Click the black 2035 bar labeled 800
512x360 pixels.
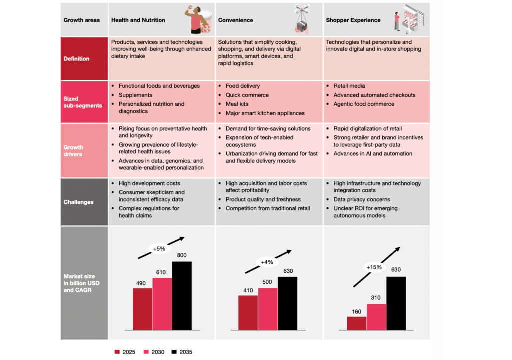pyautogui.click(x=181, y=295)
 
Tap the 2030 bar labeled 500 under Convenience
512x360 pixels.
pyautogui.click(x=268, y=309)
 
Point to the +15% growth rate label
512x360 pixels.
pyautogui.click(x=374, y=267)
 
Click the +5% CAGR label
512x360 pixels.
pyautogui.click(x=159, y=248)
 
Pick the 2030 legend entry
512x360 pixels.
pyautogui.click(x=153, y=352)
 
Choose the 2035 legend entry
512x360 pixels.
pyautogui.click(x=181, y=352)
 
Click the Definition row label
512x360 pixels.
pyautogui.click(x=76, y=59)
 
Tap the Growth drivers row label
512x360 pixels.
pyautogui.click(x=73, y=151)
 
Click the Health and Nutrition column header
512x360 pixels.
pyautogui.click(x=138, y=20)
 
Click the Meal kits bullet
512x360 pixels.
pyautogui.click(x=237, y=104)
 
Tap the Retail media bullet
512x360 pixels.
pyautogui.click(x=349, y=86)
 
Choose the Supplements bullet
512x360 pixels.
pyautogui.click(x=135, y=95)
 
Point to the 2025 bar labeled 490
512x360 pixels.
pyautogui.click(x=142, y=309)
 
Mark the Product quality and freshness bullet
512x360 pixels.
pyautogui.click(x=263, y=200)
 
